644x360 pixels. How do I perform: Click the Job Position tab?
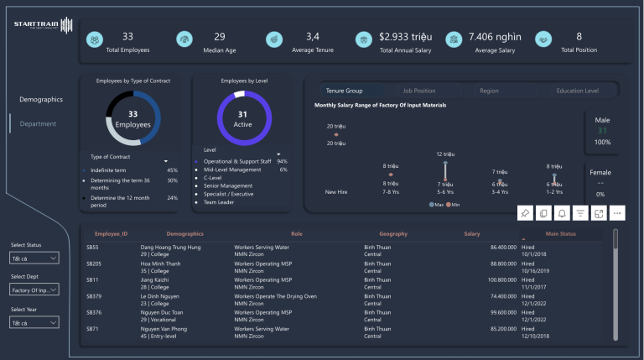418,91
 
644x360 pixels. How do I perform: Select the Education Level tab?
577,91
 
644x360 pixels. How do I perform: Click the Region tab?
489,91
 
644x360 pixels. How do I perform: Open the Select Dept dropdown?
34,290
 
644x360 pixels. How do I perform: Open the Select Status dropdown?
34,257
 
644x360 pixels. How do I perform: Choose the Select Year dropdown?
34,322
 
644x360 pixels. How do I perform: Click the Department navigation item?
38,123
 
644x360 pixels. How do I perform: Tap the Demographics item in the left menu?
41,99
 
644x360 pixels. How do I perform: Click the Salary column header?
472,233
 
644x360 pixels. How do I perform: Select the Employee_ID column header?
111,233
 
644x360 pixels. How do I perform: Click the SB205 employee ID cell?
95,262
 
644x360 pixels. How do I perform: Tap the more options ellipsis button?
618,213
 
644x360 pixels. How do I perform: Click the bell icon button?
563,213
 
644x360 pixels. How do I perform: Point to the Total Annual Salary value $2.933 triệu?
406,37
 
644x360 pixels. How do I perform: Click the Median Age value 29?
220,37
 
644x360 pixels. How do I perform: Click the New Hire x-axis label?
336,191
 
